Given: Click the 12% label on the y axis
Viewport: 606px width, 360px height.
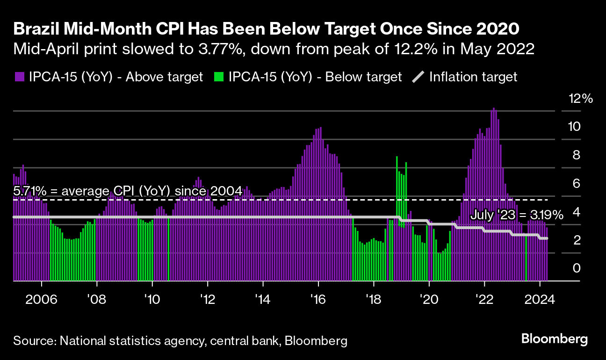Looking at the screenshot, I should click(x=580, y=99).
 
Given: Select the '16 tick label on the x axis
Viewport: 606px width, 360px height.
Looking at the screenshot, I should click(x=318, y=299).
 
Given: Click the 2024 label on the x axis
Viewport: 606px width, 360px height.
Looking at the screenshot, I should click(x=540, y=299).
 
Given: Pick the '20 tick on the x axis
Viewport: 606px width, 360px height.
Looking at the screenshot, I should click(x=429, y=299).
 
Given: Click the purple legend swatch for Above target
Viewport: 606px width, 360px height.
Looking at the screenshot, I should click(x=19, y=77).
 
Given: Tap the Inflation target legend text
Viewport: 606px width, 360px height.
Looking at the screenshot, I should click(x=473, y=77).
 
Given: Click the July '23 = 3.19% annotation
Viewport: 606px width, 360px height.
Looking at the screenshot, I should click(x=516, y=215).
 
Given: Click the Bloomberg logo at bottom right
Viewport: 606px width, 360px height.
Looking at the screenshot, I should click(x=554, y=339).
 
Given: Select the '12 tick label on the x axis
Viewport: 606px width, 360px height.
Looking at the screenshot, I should click(x=207, y=299).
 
